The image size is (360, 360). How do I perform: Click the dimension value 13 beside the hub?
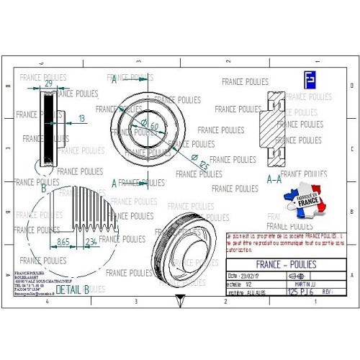pyautogui.click(x=81, y=117)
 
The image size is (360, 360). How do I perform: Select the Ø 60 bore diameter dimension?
pyautogui.click(x=152, y=125)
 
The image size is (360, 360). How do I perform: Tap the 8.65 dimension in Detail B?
pyautogui.click(x=63, y=243)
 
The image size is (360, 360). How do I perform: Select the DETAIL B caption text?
pyautogui.click(x=72, y=289)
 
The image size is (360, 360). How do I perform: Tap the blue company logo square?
pyautogui.click(x=309, y=79)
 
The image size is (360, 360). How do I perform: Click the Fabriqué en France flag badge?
pyautogui.click(x=303, y=199)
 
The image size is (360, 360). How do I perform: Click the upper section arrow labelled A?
pyautogui.click(x=114, y=80)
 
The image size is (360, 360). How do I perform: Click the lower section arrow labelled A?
pyautogui.click(x=114, y=183)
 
